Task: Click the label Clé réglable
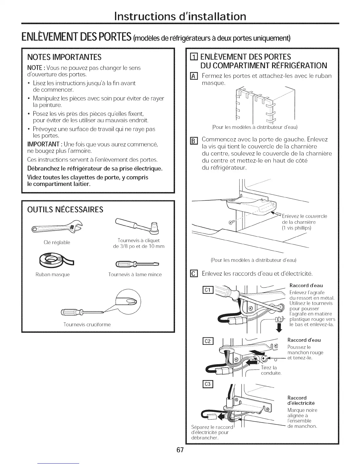[x=57, y=242]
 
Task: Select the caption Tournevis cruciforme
[x=87, y=324]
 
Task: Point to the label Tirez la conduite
[x=271, y=370]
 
